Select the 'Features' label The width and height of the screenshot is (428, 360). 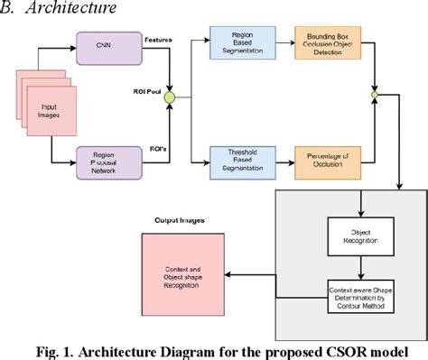(159, 40)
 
